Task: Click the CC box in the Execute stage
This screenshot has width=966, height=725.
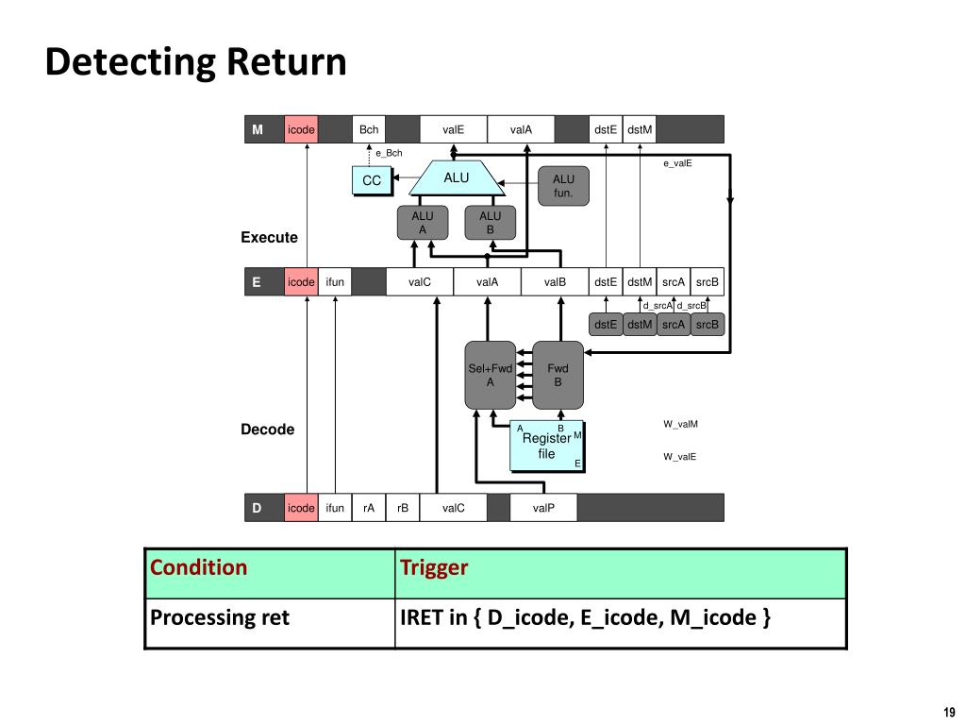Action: pyautogui.click(x=372, y=180)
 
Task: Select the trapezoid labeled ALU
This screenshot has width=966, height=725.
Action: pyautogui.click(x=457, y=178)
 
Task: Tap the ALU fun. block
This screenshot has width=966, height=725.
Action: pyautogui.click(x=563, y=186)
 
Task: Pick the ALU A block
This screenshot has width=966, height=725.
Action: pyautogui.click(x=423, y=223)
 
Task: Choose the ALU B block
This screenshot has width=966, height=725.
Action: pyautogui.click(x=491, y=223)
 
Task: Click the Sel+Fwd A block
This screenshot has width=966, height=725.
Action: pyautogui.click(x=490, y=375)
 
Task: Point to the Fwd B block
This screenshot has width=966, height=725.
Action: pyautogui.click(x=558, y=375)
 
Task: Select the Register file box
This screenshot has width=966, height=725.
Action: pyautogui.click(x=546, y=446)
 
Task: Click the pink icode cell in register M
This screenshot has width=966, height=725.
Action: pyautogui.click(x=301, y=129)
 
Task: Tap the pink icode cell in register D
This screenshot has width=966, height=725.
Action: pyautogui.click(x=301, y=508)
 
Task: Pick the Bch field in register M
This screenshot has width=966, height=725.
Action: pyautogui.click(x=369, y=129)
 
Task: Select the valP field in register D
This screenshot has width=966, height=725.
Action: pyautogui.click(x=543, y=508)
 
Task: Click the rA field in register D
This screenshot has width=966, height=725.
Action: pyautogui.click(x=369, y=508)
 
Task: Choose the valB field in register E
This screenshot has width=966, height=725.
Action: pyautogui.click(x=555, y=281)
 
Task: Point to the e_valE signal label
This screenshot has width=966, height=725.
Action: pyautogui.click(x=677, y=163)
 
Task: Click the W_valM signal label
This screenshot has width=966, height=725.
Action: pyautogui.click(x=681, y=424)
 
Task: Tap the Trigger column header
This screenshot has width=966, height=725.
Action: pyautogui.click(x=434, y=567)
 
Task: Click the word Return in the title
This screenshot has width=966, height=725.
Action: pyautogui.click(x=286, y=61)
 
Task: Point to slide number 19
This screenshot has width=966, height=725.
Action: pyautogui.click(x=949, y=712)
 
